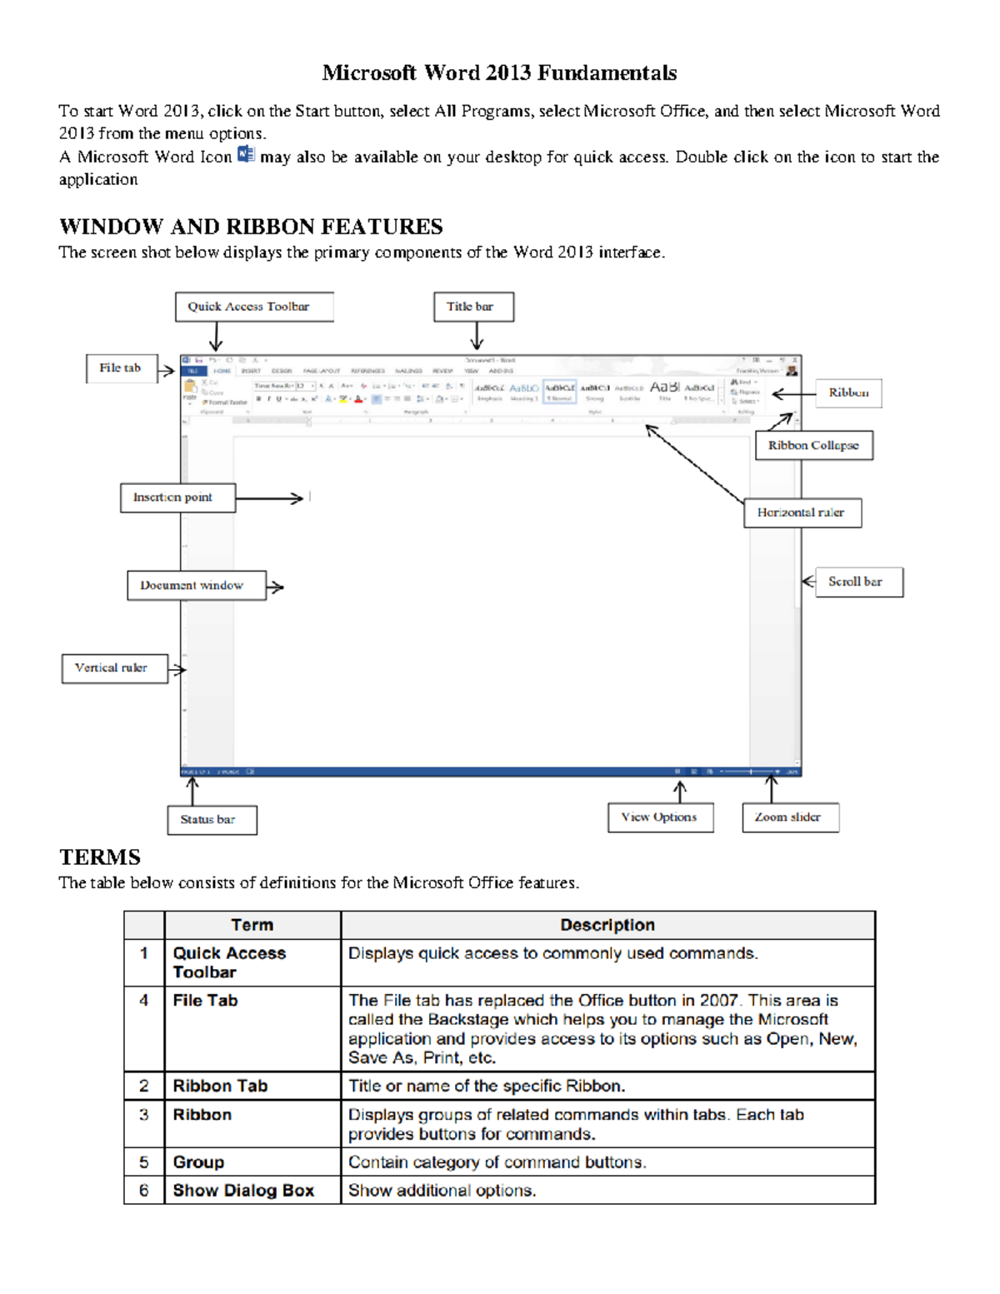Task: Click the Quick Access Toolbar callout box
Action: coord(254,307)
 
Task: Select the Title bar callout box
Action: coord(473,307)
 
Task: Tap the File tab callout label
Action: coord(122,368)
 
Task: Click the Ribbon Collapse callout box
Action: coord(813,445)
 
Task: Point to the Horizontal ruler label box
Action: coord(802,512)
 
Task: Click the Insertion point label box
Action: coord(177,497)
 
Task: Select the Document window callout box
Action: coord(197,586)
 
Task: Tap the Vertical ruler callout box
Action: coord(115,668)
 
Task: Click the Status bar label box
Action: coord(212,820)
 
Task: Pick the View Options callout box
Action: coord(660,817)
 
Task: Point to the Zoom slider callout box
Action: coord(790,817)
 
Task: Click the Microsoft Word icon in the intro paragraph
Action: coord(246,155)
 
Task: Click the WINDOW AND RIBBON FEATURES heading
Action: coord(251,227)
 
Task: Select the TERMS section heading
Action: coord(100,857)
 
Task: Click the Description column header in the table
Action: coord(607,925)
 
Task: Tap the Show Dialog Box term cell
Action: coord(243,1191)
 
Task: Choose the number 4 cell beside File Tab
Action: coord(144,1001)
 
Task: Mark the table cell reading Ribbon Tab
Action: coord(220,1087)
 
